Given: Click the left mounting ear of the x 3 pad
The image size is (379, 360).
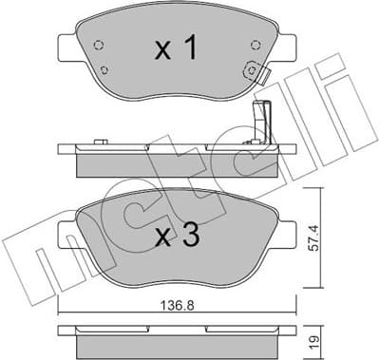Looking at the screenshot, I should tap(64, 233).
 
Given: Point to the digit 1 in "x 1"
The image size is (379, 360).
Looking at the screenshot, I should tap(191, 49).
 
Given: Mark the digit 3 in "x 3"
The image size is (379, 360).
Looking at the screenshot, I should tap(191, 236).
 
